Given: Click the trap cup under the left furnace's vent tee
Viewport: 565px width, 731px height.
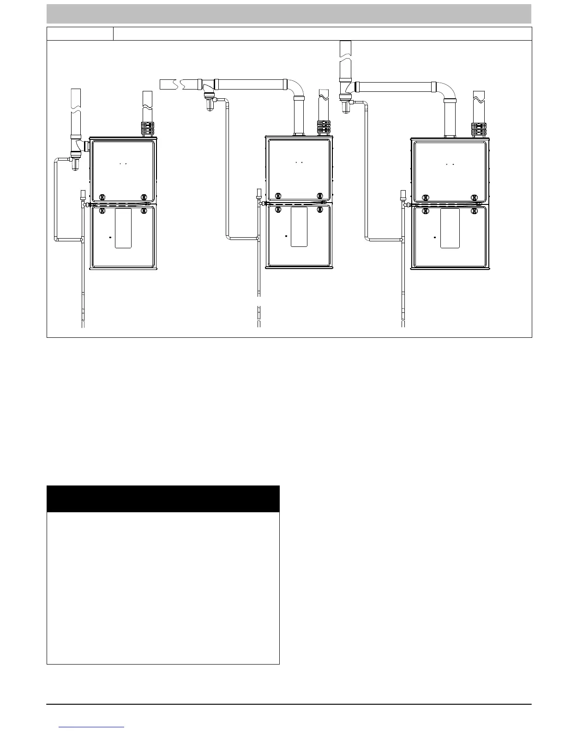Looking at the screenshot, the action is [75, 163].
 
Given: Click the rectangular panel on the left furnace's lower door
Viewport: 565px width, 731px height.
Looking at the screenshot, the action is [123, 228].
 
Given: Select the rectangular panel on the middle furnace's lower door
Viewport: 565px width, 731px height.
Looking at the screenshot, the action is [299, 227].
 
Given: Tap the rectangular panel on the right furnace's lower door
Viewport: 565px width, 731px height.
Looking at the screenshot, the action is [450, 228].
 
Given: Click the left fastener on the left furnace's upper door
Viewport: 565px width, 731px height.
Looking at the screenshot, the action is [102, 197].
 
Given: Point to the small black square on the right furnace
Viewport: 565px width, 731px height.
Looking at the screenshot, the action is [435, 237].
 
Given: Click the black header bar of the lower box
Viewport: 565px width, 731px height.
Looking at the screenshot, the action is [163, 498].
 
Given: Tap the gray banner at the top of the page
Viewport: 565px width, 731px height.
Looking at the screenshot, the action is [289, 14].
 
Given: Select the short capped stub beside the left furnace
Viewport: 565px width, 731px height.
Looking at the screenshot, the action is [83, 194].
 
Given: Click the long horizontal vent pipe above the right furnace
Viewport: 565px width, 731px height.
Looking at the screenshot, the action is [395, 87].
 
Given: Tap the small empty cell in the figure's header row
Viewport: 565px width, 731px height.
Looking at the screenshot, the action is [80, 34].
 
